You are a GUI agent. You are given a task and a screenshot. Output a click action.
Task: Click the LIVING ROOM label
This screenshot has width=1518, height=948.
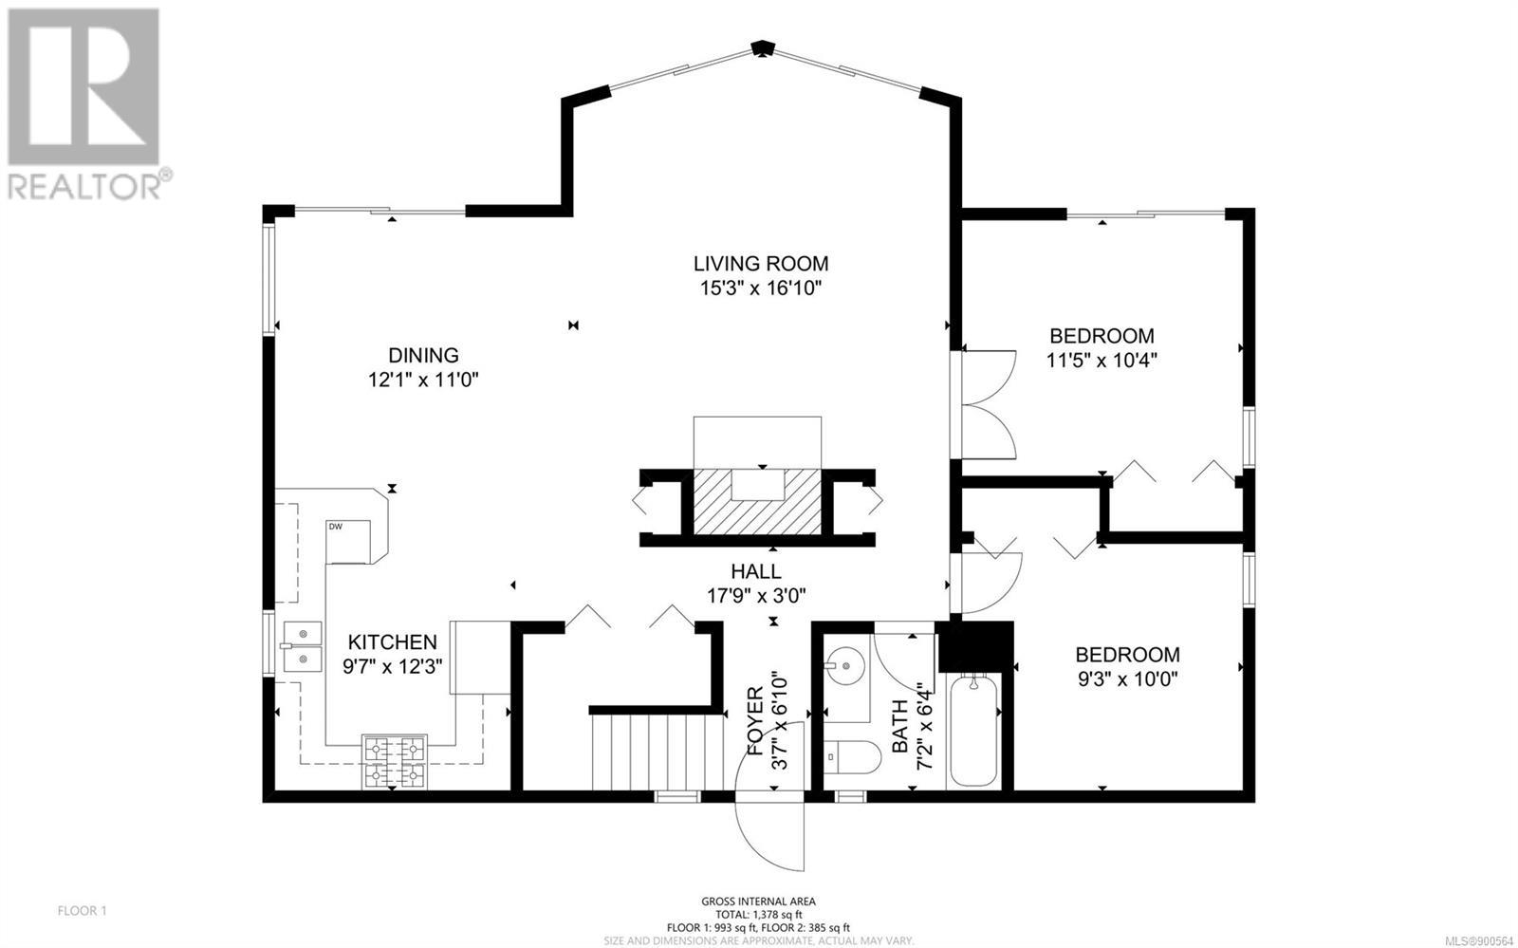coord(760,263)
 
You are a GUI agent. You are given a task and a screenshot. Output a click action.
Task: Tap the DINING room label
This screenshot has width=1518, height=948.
coord(423,355)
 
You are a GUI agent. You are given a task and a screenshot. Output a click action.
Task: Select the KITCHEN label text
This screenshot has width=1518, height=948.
coord(393,641)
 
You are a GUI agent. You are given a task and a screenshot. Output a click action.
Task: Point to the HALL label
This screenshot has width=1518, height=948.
coord(755,571)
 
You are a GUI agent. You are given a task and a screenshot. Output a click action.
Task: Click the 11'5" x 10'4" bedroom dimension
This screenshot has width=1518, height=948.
coord(1101,360)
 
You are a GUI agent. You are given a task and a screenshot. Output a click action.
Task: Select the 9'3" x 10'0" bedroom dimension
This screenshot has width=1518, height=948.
coord(1128,678)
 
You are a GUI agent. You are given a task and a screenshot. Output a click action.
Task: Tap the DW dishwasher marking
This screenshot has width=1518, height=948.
coord(336,527)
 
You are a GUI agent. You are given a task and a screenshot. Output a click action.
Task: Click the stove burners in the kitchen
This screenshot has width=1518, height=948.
coord(395,762)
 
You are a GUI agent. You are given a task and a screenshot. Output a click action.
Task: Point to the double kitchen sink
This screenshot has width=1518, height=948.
coord(302,646)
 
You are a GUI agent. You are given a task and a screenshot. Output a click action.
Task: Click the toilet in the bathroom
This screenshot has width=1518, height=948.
coord(852,757)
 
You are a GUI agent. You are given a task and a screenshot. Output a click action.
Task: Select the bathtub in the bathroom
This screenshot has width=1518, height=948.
coord(973,731)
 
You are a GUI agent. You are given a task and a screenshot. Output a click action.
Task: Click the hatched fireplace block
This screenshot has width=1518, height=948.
coord(757,501)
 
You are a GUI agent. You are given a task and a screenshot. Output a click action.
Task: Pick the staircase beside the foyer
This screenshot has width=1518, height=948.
coord(655,753)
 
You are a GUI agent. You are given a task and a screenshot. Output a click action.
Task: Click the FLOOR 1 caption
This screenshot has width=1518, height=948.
coord(82,911)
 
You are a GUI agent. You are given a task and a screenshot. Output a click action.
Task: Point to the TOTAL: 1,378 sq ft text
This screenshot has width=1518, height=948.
coord(758,914)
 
